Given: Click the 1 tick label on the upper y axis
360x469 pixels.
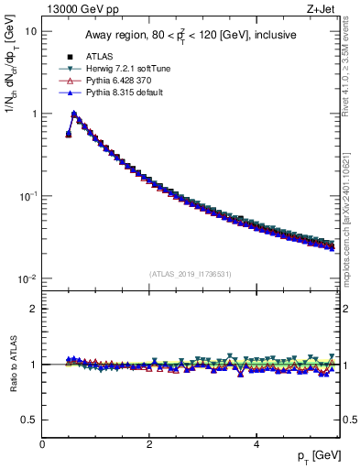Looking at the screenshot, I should click(34, 115).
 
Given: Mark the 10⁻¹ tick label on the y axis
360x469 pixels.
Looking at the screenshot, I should click(28, 196).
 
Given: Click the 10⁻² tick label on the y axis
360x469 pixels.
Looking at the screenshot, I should click(28, 278).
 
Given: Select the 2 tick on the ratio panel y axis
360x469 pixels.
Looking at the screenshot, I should click(34, 309).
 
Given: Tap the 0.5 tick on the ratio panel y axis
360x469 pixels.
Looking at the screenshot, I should click(30, 420).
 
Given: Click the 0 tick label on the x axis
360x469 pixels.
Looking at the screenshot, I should click(42, 443).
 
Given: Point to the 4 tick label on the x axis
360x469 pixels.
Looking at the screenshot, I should click(256, 443).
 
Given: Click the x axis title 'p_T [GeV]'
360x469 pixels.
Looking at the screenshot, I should click(315, 456).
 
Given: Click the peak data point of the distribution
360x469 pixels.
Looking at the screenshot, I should click(74, 115).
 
